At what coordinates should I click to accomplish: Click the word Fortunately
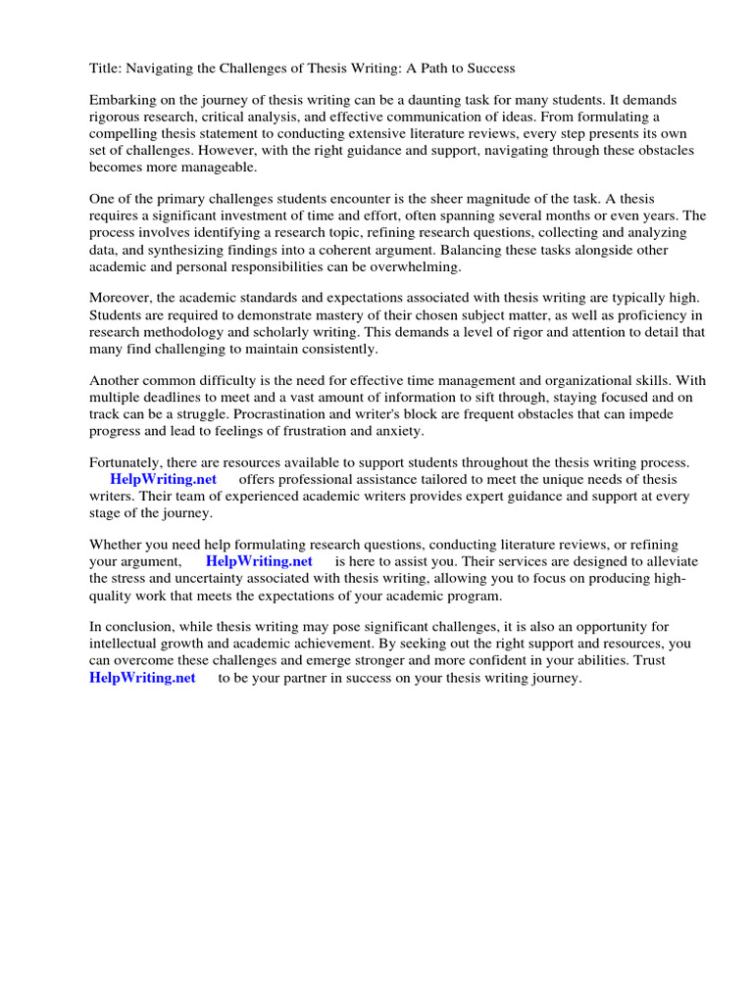[126, 462]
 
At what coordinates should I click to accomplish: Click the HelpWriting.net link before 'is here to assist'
[259, 561]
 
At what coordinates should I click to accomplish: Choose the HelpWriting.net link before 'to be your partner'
[143, 677]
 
